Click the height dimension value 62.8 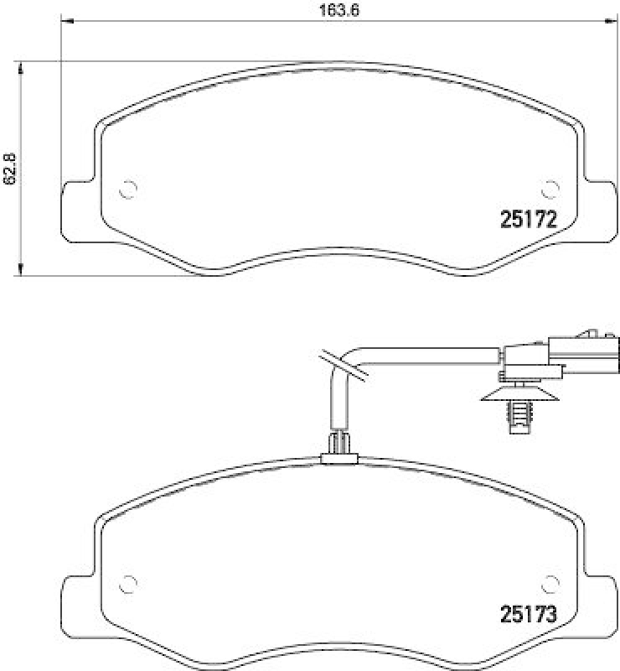click(x=10, y=169)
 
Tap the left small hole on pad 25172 click(x=128, y=190)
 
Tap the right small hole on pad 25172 click(x=550, y=189)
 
